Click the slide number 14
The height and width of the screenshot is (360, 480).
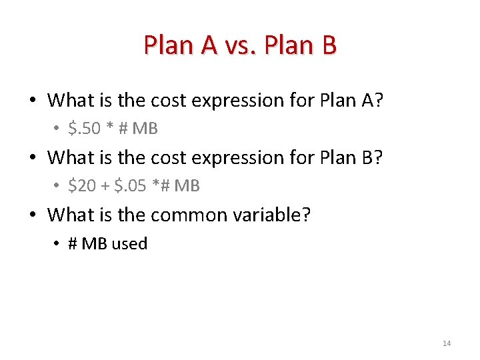point(447,343)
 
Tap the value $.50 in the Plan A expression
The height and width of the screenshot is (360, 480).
point(85,129)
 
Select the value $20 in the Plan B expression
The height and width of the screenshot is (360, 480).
point(82,186)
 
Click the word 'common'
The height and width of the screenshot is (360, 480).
point(196,215)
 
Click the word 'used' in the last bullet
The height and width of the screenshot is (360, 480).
point(129,243)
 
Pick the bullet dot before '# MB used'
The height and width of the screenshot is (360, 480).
point(57,244)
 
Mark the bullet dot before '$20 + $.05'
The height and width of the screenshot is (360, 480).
point(57,187)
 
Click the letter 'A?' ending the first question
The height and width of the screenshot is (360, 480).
point(376,101)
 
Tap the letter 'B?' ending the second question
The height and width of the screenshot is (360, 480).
point(375,158)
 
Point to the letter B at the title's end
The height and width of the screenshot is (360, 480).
point(328,45)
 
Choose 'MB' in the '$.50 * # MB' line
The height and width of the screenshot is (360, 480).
point(145,129)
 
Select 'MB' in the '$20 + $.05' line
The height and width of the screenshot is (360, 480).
point(187,186)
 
